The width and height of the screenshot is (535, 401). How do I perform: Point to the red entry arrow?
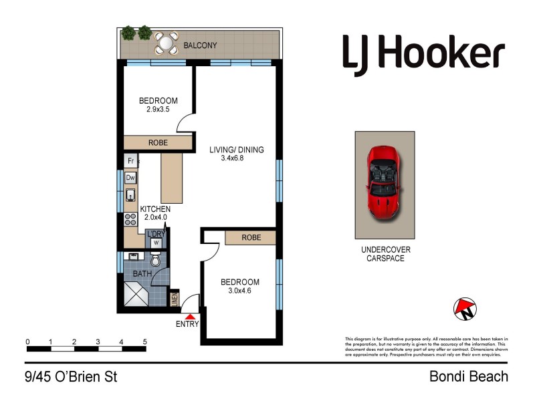[191, 317]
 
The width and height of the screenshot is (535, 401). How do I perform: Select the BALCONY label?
[201, 46]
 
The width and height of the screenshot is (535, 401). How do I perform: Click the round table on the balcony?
[165, 44]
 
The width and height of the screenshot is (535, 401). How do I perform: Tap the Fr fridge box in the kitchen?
[130, 161]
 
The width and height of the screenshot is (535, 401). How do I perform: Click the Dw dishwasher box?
[130, 178]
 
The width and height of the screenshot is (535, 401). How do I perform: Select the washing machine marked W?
[156, 243]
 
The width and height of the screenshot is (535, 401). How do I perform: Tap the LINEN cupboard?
[175, 298]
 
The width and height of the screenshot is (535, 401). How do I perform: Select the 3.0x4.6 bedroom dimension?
[239, 291]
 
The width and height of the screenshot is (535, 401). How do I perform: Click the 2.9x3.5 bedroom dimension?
[158, 110]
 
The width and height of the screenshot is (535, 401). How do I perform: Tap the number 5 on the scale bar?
[144, 342]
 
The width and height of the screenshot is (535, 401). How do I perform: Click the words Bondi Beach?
[468, 377]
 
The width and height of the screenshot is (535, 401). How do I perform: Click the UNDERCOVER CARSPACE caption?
[386, 254]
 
